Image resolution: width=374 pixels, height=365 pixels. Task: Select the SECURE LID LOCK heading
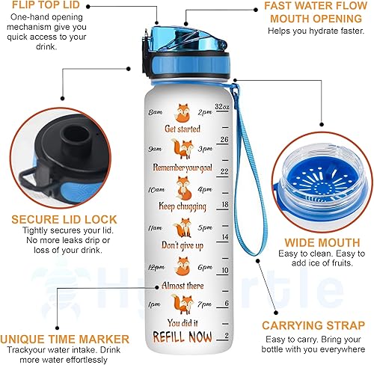[x=54, y=218]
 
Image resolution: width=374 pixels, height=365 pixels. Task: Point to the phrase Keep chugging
[x=182, y=205]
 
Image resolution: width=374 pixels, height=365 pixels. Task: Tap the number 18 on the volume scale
[x=225, y=204]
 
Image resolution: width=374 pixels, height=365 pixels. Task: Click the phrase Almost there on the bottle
[x=182, y=285]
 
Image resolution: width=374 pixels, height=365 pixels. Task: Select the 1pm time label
[x=156, y=304]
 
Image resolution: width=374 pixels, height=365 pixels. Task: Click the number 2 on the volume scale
[x=227, y=336]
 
